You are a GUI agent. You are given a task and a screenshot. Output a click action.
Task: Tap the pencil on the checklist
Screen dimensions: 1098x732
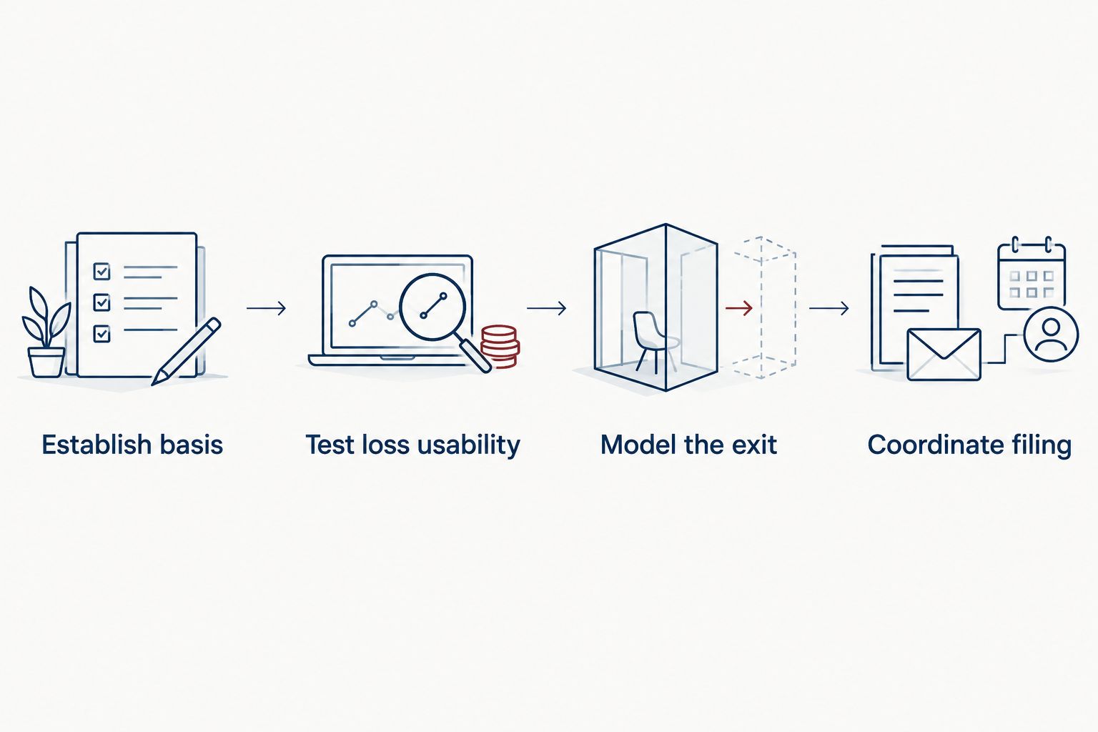pos(187,351)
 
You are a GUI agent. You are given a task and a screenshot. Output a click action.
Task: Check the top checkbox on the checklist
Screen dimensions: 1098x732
pos(102,271)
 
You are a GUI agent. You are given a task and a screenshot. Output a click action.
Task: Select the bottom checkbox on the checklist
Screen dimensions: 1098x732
pos(102,333)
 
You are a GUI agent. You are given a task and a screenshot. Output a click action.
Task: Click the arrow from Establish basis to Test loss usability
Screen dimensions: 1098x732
pos(266,308)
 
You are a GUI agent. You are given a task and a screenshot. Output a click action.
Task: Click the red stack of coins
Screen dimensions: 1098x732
pos(500,346)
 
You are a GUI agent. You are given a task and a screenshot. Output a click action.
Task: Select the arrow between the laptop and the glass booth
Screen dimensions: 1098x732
pos(547,308)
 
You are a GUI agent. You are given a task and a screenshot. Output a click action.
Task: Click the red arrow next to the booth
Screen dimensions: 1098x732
pos(739,308)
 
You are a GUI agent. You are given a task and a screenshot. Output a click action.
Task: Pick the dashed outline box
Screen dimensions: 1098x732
pos(765,308)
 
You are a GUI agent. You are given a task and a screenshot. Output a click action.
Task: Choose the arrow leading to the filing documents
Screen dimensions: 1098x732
pos(829,308)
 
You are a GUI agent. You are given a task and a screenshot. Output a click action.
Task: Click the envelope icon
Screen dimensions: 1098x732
pos(944,355)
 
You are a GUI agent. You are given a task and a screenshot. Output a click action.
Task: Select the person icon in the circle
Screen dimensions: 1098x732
pos(1051,334)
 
